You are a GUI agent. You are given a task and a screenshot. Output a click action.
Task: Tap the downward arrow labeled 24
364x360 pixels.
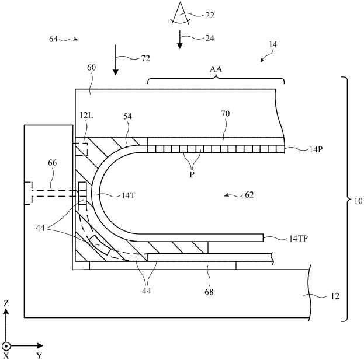(179, 40)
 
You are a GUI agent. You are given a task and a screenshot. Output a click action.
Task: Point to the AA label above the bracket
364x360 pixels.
(216, 69)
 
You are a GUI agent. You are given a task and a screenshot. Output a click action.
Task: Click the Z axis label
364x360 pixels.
(6, 303)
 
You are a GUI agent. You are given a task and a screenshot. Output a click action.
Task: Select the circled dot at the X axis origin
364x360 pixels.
(6, 345)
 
